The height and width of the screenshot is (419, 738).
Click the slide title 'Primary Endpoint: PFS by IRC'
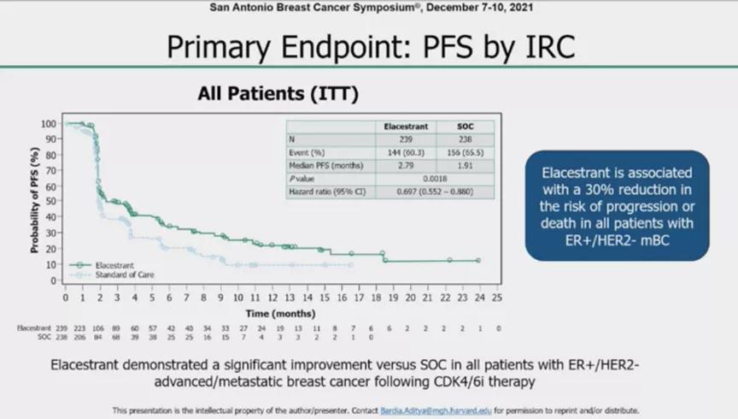pos(368,48)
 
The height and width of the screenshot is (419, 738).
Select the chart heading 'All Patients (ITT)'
pos(278,93)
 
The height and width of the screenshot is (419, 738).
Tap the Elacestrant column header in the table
pos(405,127)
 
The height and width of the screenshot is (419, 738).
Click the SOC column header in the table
pos(464,127)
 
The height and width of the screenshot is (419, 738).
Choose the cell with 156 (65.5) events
pos(464,152)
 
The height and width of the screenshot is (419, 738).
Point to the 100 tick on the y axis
pos(49,123)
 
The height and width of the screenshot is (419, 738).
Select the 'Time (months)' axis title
pos(280,313)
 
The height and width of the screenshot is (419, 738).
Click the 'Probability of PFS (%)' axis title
pos(35,202)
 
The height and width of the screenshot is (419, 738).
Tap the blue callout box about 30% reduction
pos(617,205)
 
